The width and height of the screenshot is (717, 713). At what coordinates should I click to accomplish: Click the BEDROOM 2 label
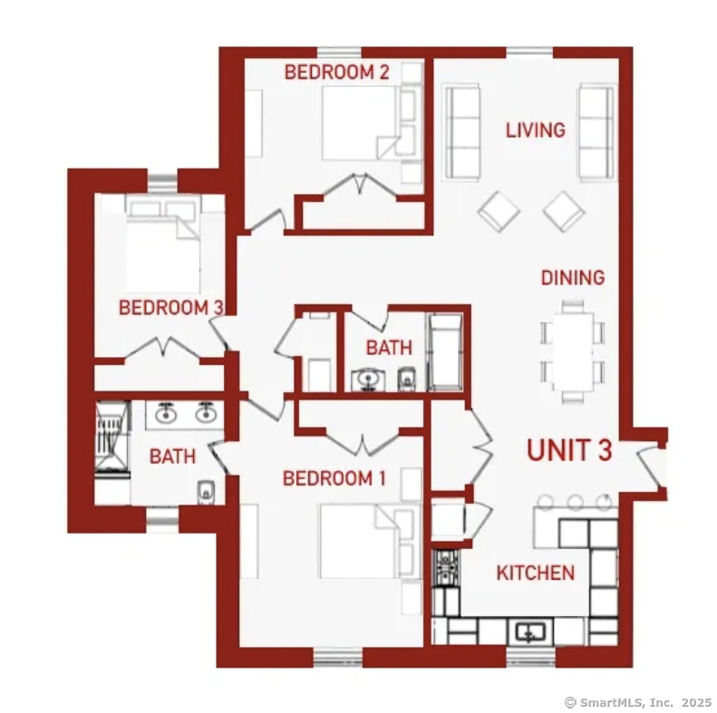pos(336,72)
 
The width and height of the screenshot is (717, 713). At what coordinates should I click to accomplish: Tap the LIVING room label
pos(536,130)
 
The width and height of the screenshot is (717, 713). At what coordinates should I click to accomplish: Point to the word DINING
pos(573,278)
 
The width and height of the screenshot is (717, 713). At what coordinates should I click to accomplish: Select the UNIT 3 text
pos(569,449)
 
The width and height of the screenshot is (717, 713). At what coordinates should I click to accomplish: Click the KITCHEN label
pos(536,573)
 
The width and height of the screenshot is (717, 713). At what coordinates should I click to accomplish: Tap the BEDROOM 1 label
pos(334,478)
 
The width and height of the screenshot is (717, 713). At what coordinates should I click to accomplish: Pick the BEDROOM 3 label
pos(171,308)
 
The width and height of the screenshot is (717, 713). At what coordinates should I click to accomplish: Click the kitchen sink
pos(530,632)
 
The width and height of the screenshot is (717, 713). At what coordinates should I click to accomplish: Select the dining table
pos(573,352)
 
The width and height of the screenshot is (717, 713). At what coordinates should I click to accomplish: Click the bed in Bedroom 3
pos(164,245)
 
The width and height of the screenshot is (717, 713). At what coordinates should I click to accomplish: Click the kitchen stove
pos(445,569)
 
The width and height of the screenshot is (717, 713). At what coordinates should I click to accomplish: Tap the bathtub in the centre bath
pos(445,352)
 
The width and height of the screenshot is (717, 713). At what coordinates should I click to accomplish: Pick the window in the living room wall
pos(529,53)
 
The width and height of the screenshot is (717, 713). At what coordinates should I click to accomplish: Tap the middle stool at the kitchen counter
pos(575,502)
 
